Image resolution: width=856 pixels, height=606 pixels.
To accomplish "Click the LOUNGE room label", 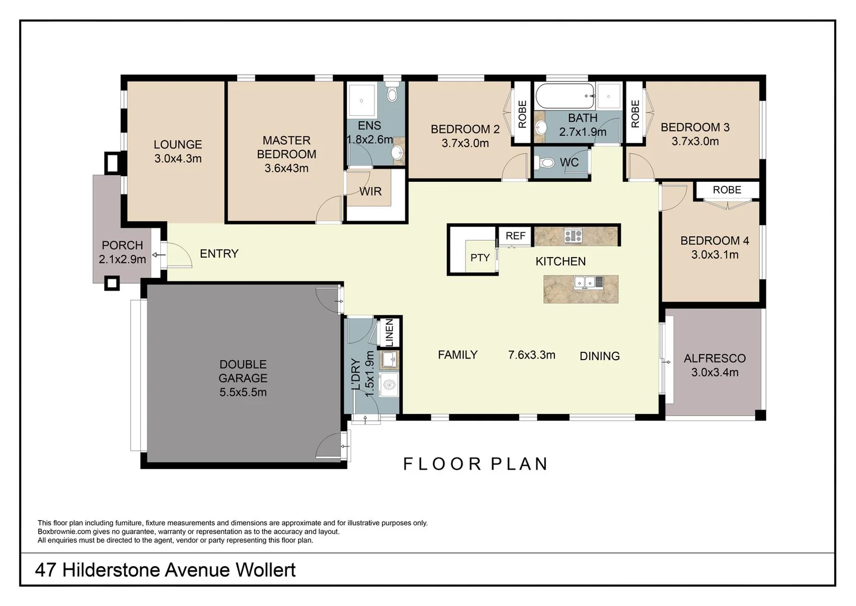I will tap(178, 145).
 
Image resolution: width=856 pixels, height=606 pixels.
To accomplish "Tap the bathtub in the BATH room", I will tap(565, 96).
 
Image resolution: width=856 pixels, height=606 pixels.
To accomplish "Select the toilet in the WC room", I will tap(544, 163).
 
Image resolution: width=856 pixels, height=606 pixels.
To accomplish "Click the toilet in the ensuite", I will tap(392, 93).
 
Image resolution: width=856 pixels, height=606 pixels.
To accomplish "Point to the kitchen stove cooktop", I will tap(573, 236).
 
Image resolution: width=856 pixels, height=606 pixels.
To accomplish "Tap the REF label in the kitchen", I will tap(515, 236).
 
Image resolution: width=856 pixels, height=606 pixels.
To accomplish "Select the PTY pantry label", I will tap(480, 258).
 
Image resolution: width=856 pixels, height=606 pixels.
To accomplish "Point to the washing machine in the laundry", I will tap(389, 385).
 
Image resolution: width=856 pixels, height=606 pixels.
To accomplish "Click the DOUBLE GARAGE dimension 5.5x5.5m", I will tap(243, 392).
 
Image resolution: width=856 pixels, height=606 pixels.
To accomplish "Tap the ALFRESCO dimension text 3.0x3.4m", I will tap(714, 372).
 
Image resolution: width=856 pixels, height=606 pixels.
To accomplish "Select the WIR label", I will tap(370, 192).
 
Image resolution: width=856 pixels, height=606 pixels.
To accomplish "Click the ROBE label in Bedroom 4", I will tap(727, 190).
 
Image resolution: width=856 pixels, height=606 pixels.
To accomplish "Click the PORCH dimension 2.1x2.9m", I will tap(122, 259).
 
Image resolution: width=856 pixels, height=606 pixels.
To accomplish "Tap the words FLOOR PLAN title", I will tap(475, 464).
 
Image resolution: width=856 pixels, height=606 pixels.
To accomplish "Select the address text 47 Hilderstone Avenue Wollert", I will tap(165, 570).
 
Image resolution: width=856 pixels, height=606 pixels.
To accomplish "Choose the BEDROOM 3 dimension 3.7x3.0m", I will tap(695, 141).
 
